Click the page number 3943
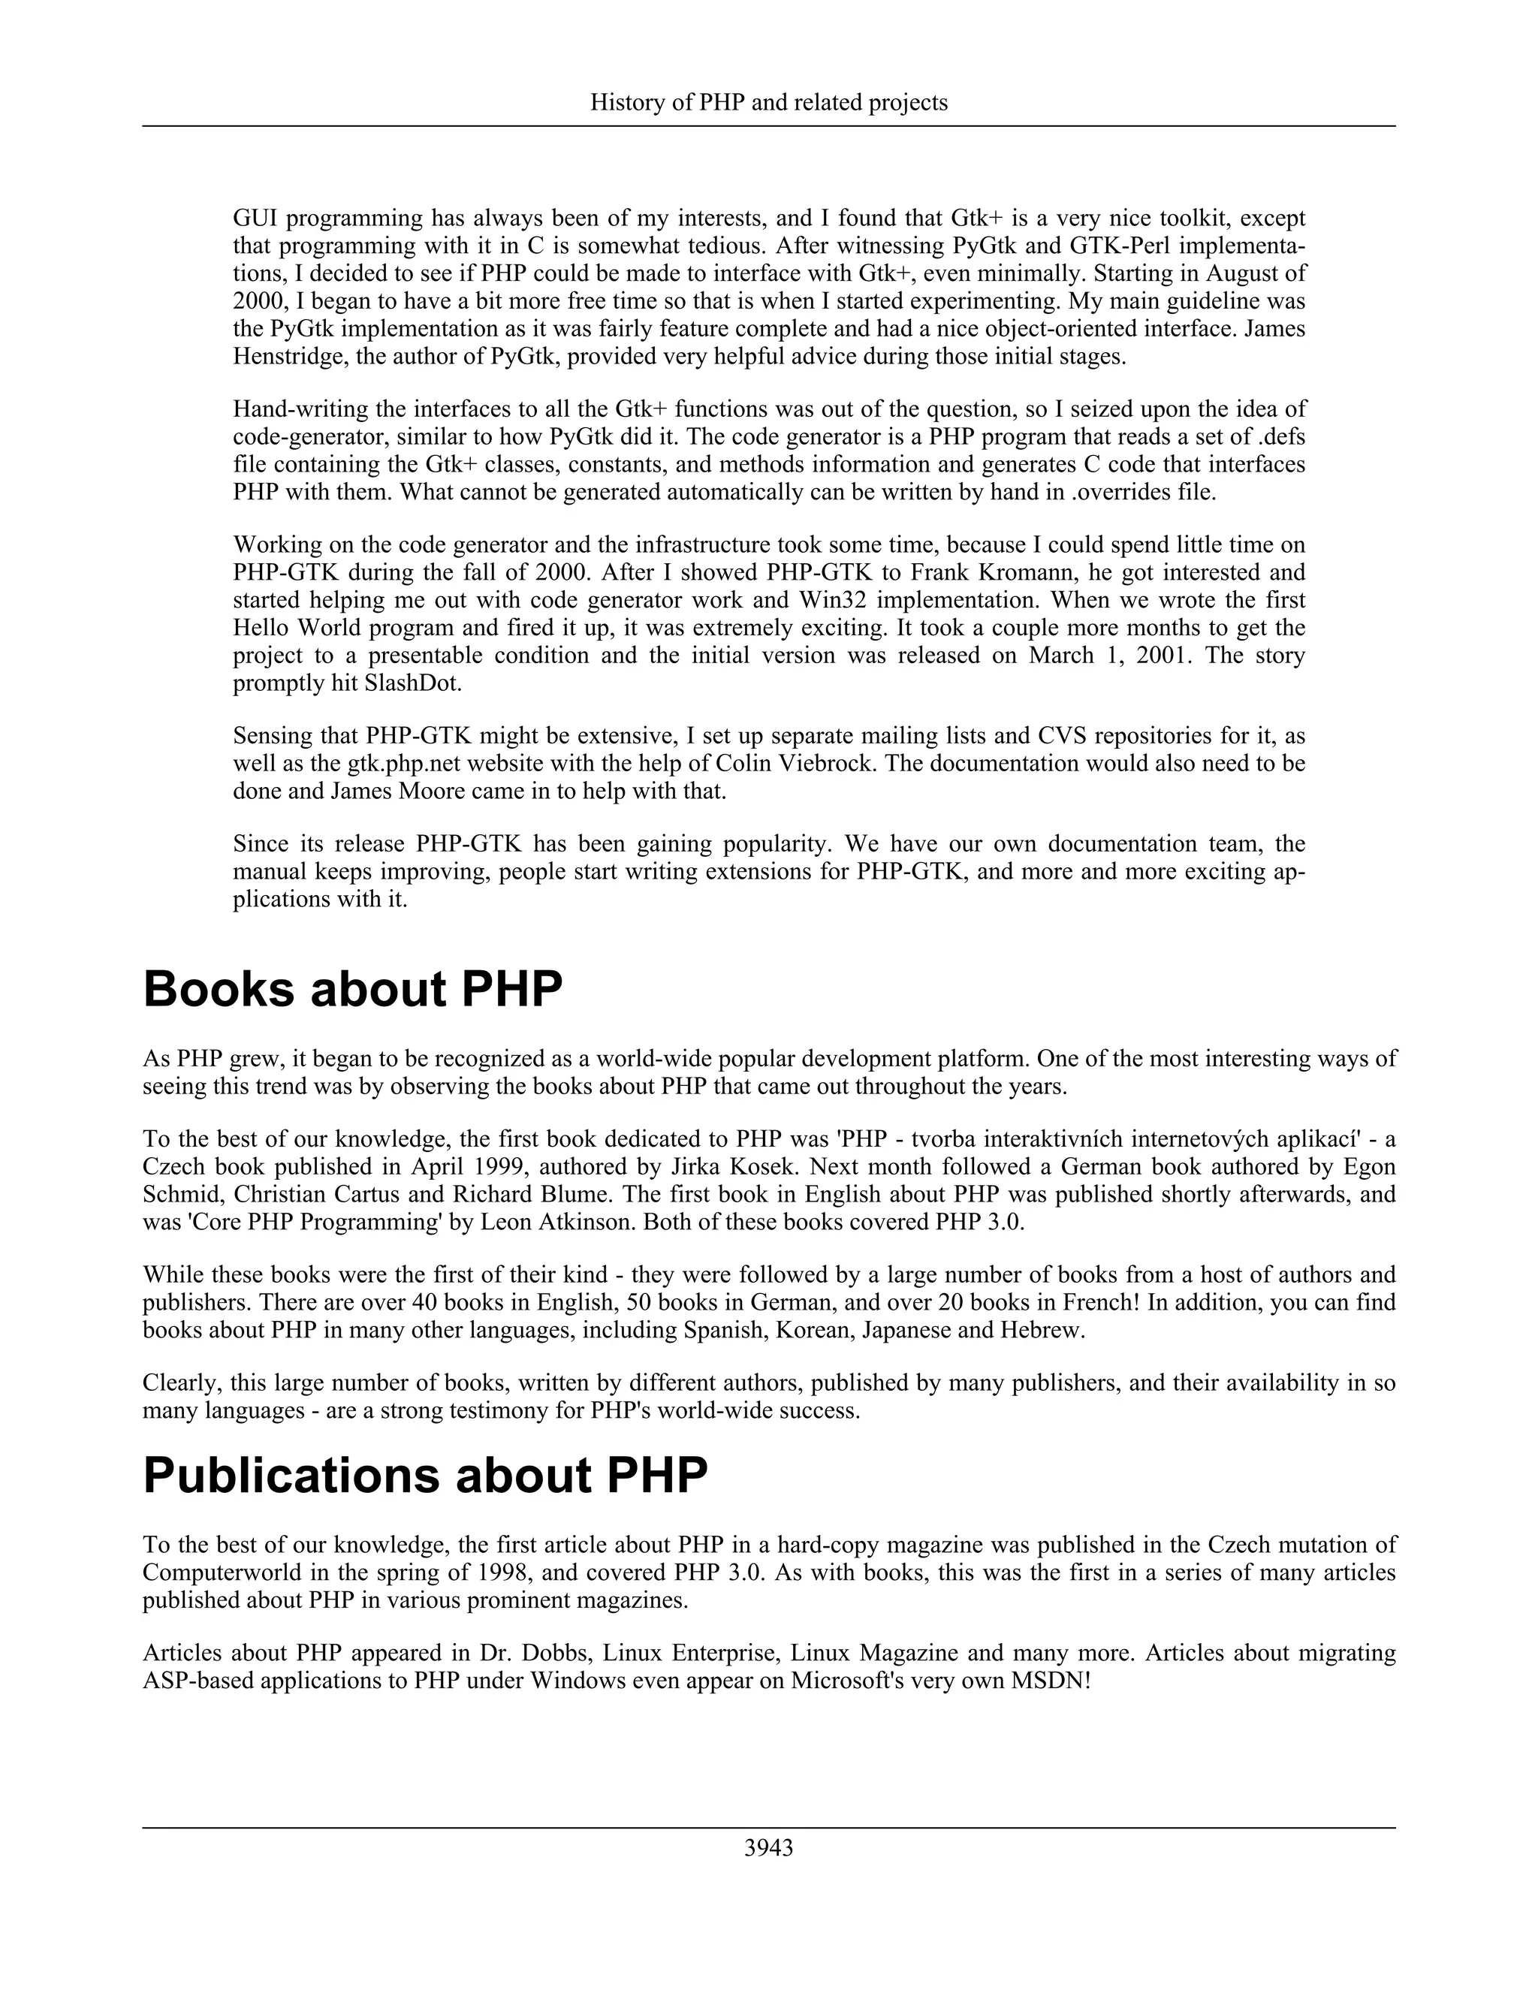[768, 1848]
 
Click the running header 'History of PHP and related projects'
[768, 103]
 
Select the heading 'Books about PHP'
[353, 989]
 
